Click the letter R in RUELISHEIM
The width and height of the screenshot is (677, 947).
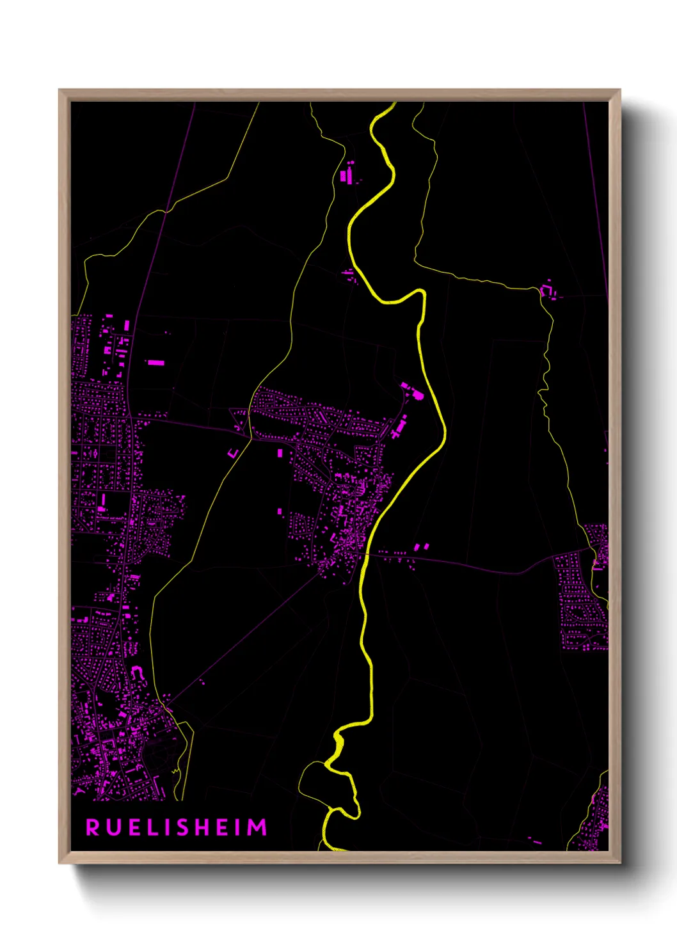point(93,827)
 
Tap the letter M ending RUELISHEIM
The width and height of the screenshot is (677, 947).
point(258,827)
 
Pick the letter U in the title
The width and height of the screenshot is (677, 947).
point(113,827)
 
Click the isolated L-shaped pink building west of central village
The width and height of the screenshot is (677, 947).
point(234,453)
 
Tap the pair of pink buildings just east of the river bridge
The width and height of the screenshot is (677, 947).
point(422,547)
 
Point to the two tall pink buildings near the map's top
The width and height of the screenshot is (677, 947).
point(346,175)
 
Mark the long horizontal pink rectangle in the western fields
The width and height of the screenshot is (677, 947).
point(155,363)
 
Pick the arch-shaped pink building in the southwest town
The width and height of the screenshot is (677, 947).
point(137,672)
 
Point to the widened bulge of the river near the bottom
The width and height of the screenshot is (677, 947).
point(338,744)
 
